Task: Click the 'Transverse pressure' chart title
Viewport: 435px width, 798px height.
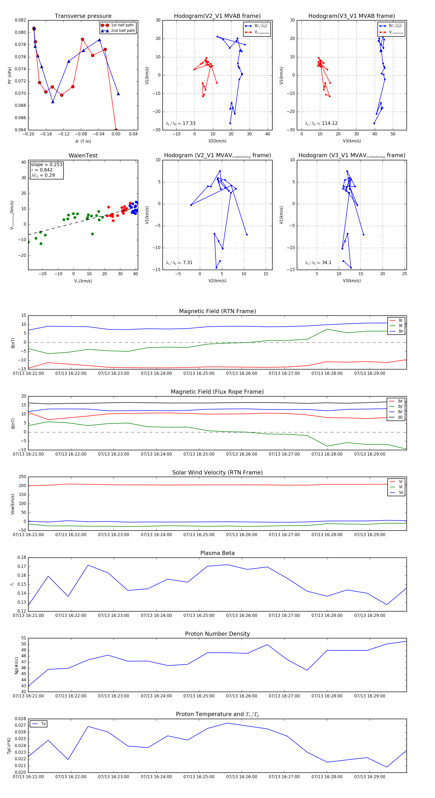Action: tap(83, 16)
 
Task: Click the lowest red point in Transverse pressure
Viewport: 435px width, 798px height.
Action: tap(116, 130)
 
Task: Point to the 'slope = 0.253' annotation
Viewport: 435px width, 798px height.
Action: tap(46, 164)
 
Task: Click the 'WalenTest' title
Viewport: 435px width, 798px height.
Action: tap(83, 155)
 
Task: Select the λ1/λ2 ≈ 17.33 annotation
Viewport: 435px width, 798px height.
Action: tap(181, 123)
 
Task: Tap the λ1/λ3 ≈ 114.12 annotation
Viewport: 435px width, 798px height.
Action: tap(321, 123)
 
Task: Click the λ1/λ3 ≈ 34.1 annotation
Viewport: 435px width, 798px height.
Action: tap(318, 263)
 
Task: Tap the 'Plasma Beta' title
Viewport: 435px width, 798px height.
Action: tap(217, 553)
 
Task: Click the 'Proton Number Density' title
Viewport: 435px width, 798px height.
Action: tap(217, 634)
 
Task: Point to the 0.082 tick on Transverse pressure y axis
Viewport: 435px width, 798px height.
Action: tap(21, 20)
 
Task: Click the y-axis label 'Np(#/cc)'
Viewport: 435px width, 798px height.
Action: tap(17, 665)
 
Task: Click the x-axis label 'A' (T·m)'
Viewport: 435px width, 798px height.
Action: tap(83, 141)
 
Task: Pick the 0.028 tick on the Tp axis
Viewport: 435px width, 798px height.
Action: tap(21, 719)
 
